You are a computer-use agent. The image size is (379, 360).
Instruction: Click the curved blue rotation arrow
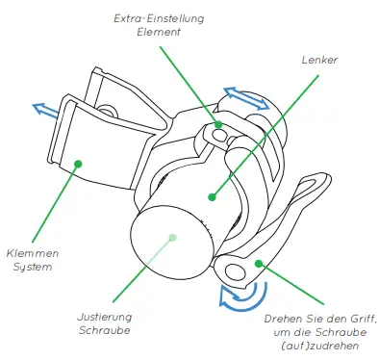coord(236,295)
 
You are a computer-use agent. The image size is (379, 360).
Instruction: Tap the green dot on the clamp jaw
coord(80,163)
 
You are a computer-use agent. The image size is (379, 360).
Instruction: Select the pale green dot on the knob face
coord(171,236)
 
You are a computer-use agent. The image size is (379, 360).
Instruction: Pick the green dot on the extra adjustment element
coord(218,124)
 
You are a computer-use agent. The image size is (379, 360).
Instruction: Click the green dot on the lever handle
coord(258,263)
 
